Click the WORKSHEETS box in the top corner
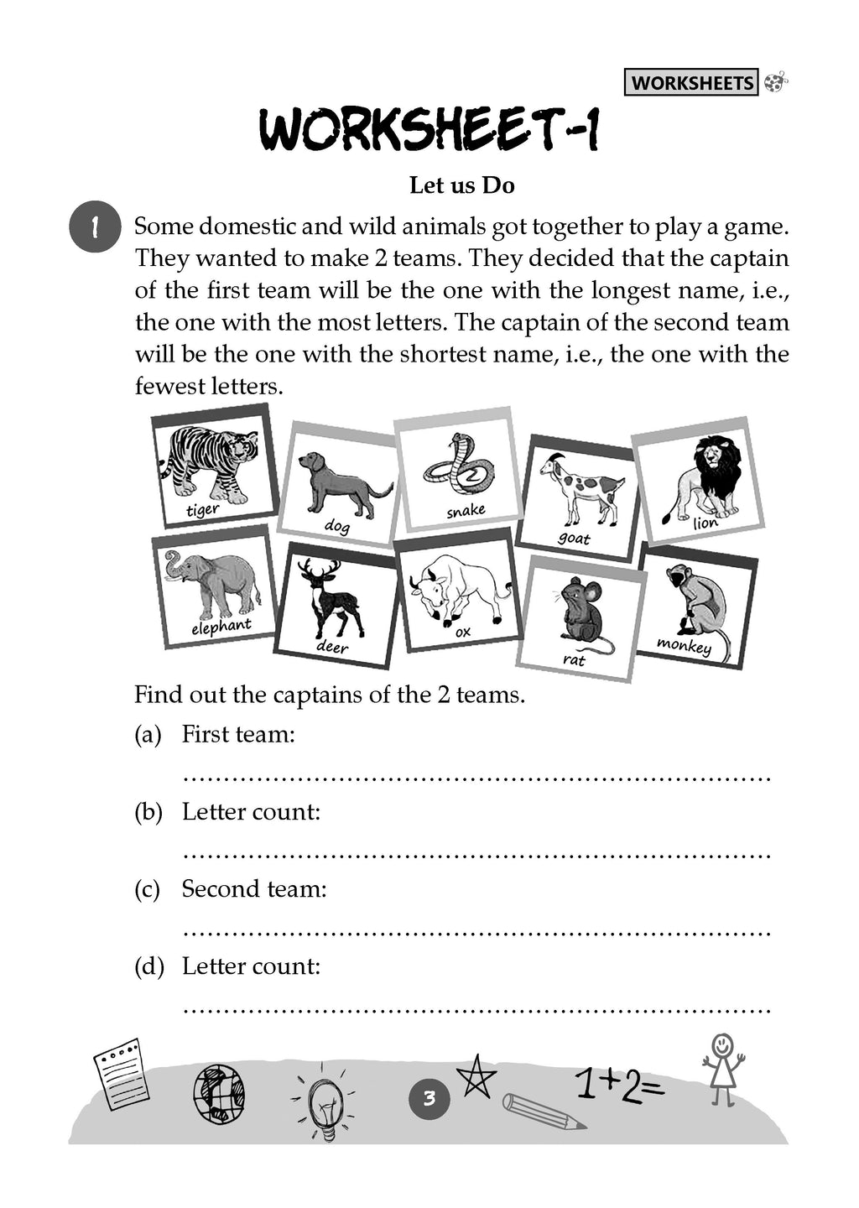tap(691, 82)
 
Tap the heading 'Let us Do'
tap(461, 185)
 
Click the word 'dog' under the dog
tap(337, 526)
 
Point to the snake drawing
tap(458, 466)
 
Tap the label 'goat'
tap(575, 538)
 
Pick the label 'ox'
tap(463, 632)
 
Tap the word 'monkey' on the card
tap(684, 645)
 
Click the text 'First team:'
tap(238, 734)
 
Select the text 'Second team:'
tap(254, 888)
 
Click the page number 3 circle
tap(429, 1098)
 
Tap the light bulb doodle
tap(324, 1106)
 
